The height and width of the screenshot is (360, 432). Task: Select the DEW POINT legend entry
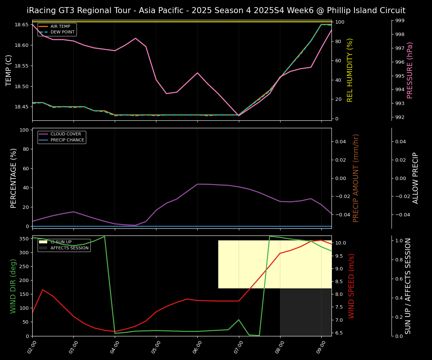(x=62, y=32)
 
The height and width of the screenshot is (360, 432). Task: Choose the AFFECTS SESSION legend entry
(x=69, y=248)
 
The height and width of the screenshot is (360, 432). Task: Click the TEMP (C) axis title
(x=9, y=70)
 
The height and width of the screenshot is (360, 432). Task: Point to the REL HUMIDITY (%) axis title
(x=350, y=70)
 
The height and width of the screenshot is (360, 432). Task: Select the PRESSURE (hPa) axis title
(x=410, y=70)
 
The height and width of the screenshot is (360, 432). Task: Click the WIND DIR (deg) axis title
(x=13, y=286)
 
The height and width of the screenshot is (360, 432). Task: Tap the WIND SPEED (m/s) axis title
(x=351, y=286)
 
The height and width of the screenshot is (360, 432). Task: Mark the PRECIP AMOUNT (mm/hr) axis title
(x=356, y=178)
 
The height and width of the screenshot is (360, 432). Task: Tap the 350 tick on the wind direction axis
(x=25, y=238)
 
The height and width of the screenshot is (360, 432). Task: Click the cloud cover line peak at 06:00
(x=198, y=184)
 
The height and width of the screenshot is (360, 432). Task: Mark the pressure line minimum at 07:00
(x=239, y=115)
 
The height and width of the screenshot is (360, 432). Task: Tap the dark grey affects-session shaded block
(x=306, y=312)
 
